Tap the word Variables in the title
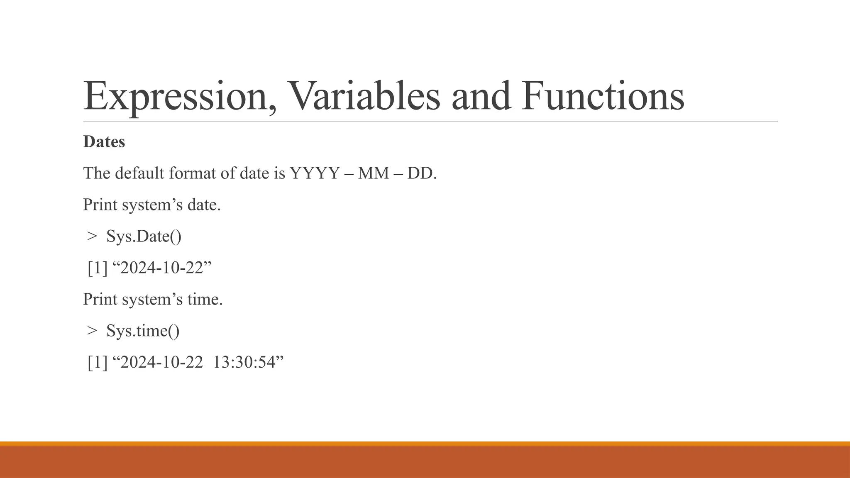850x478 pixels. coord(363,96)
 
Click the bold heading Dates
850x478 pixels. coord(104,141)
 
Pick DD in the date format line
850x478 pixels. coord(420,173)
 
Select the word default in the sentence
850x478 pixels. coord(140,173)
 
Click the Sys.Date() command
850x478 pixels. coord(144,236)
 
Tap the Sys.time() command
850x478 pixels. coord(143,331)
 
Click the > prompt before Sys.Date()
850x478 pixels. coord(92,236)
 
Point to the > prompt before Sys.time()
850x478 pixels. coord(92,331)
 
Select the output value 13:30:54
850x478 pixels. coord(244,362)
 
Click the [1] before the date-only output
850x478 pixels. coord(98,268)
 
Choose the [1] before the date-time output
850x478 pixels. coord(98,362)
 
